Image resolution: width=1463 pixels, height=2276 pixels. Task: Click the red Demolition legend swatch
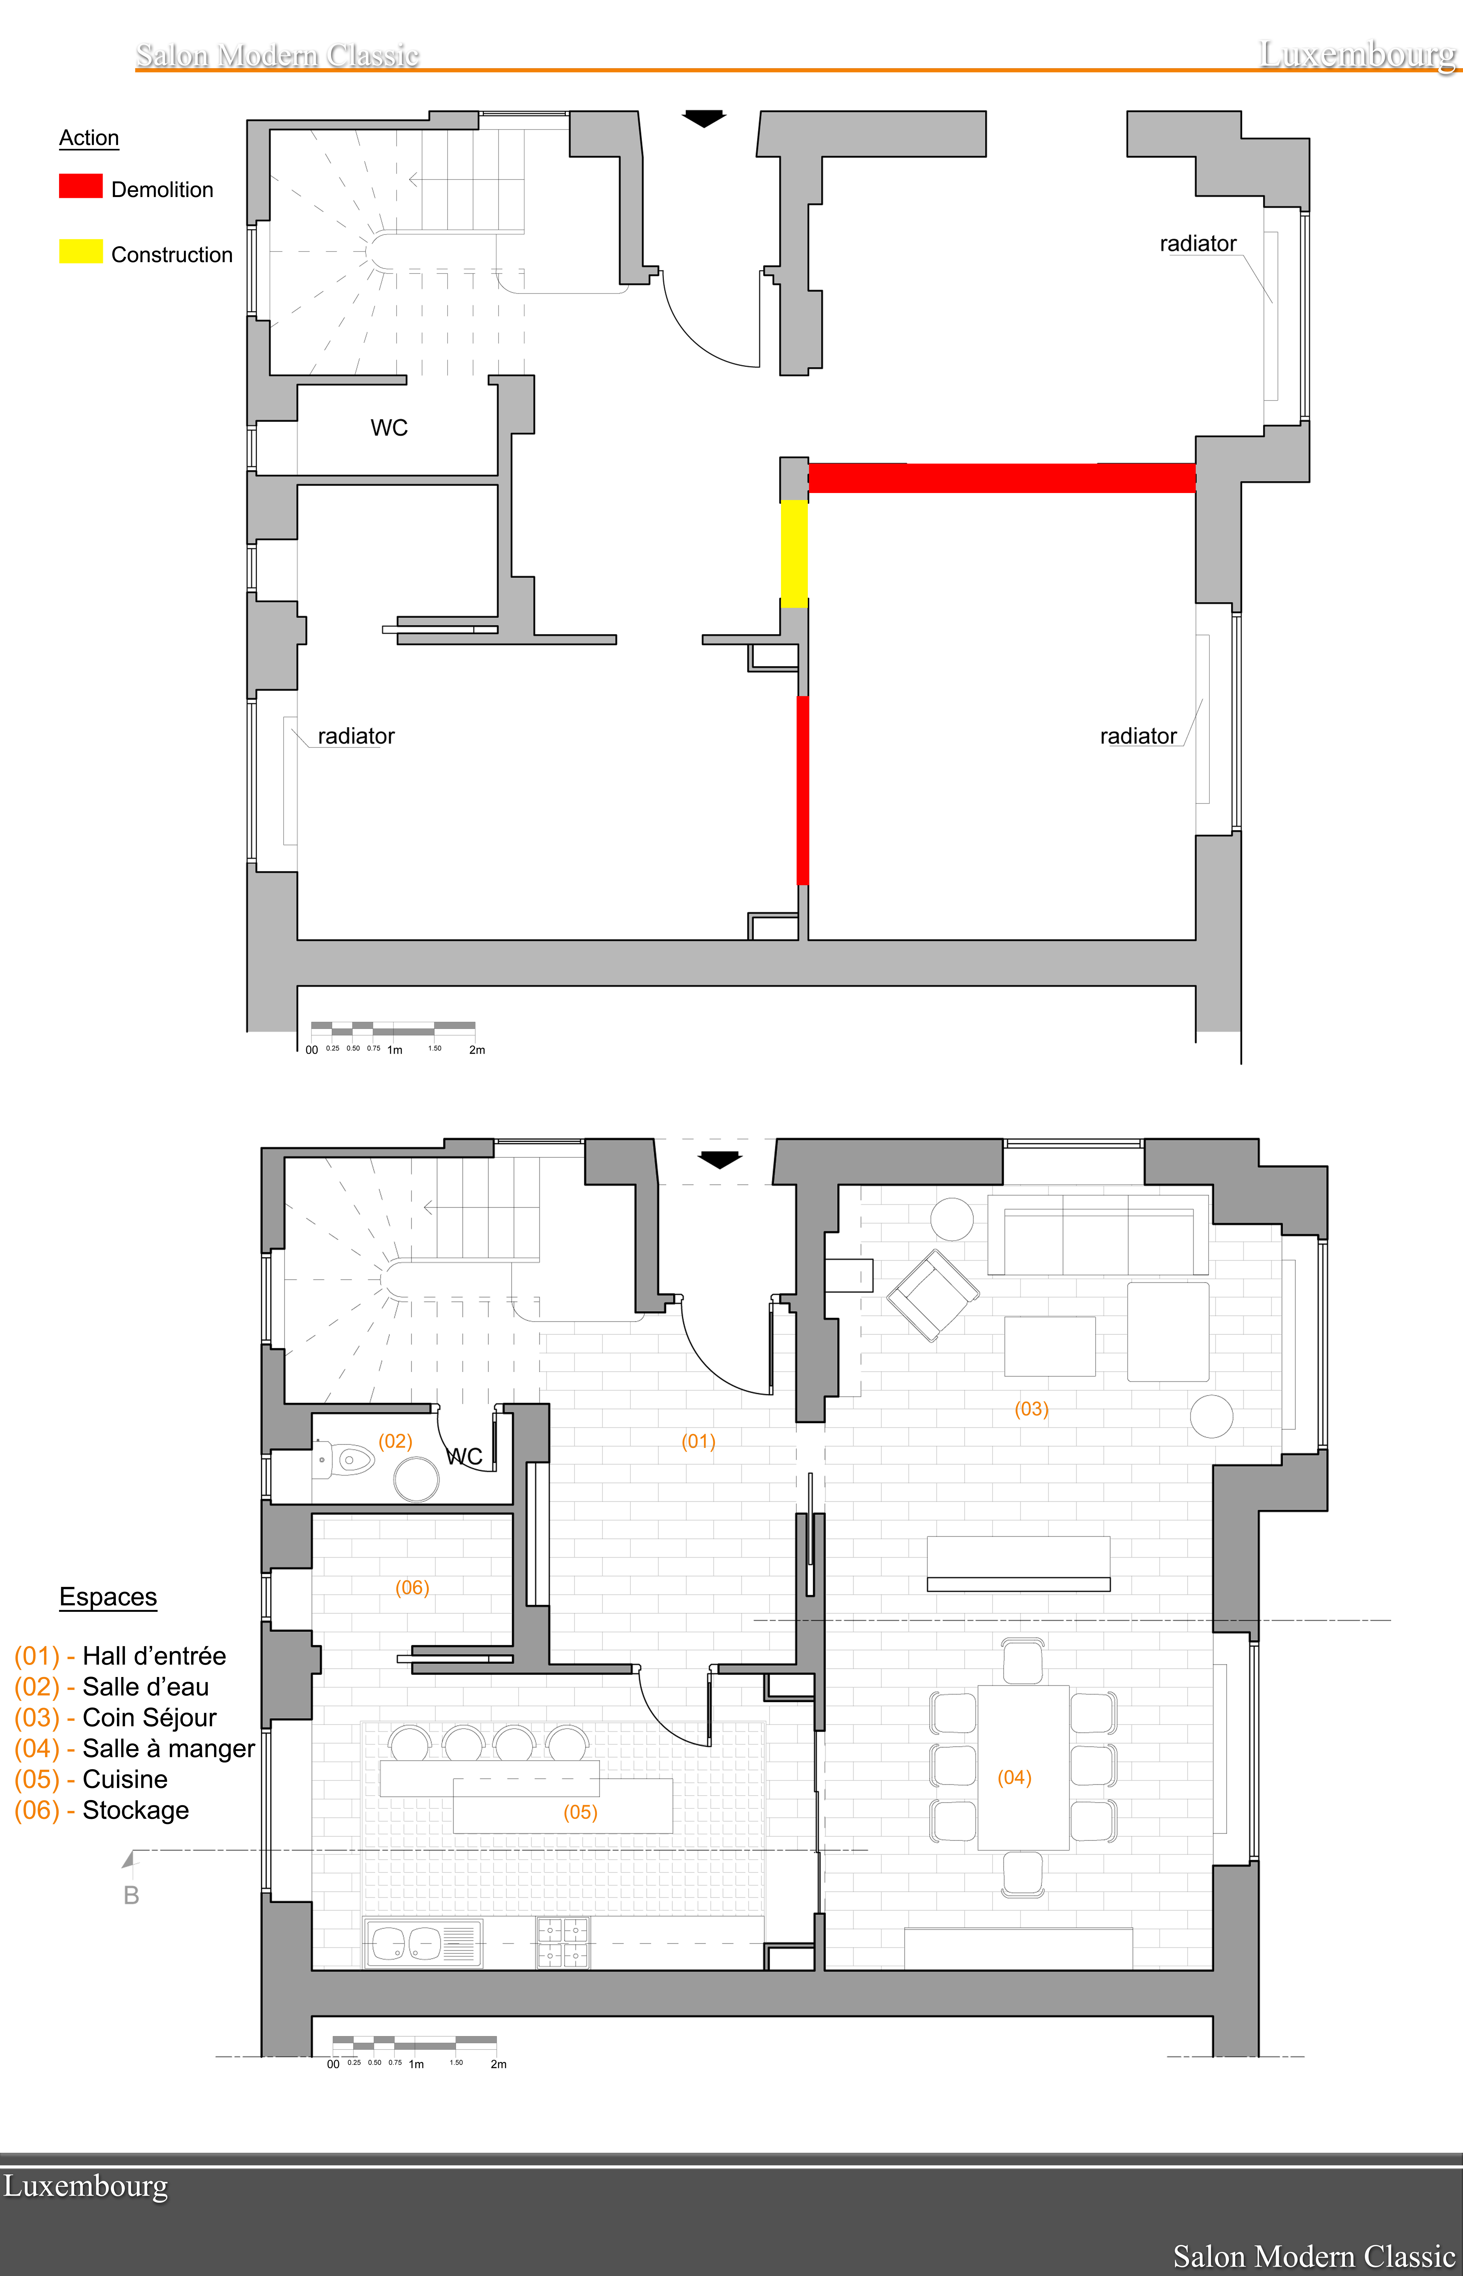(x=81, y=186)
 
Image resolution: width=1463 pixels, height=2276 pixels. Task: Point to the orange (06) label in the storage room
(x=412, y=1587)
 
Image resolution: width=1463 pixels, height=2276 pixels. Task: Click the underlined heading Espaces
(x=108, y=1597)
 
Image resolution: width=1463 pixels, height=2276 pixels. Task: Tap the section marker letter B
(x=131, y=1895)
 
